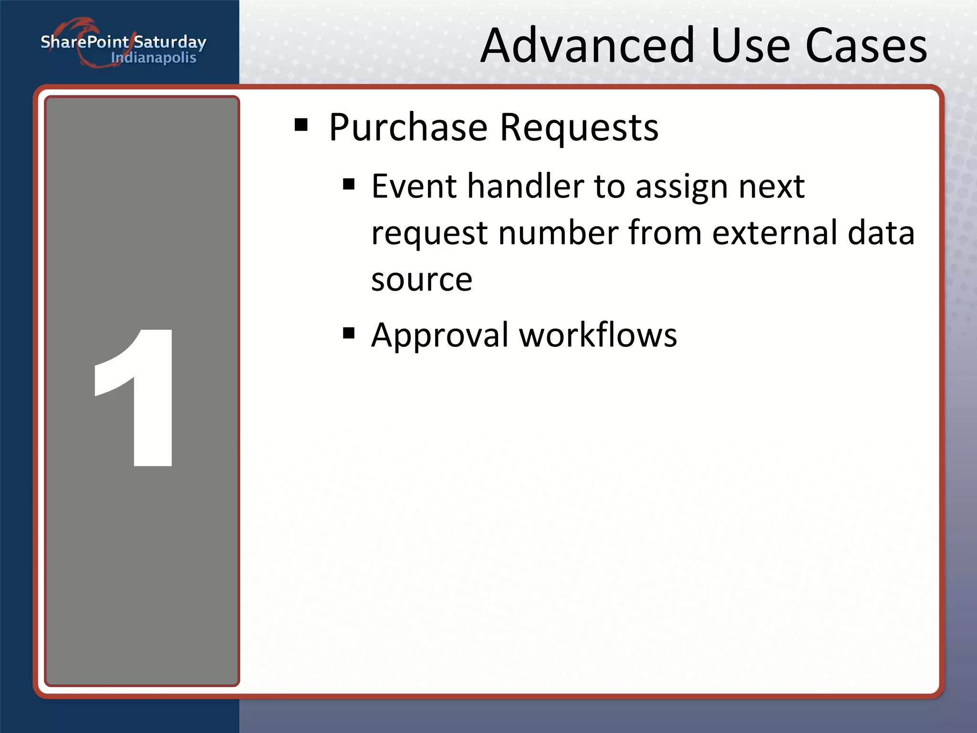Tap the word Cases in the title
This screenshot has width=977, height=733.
point(866,46)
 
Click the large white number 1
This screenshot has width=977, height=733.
point(136,398)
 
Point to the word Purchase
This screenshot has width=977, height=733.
point(408,128)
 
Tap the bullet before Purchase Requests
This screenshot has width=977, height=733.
point(301,126)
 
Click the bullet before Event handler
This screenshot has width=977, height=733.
point(349,184)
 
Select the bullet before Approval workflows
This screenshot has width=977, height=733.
point(349,333)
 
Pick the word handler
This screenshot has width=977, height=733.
point(525,186)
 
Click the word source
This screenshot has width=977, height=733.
point(422,280)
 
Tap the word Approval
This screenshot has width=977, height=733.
point(440,336)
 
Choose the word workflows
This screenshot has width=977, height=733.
point(598,335)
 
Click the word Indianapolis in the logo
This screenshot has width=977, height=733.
point(153,58)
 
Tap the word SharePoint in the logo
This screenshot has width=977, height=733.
point(84,42)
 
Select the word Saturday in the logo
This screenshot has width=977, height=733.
point(170,42)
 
